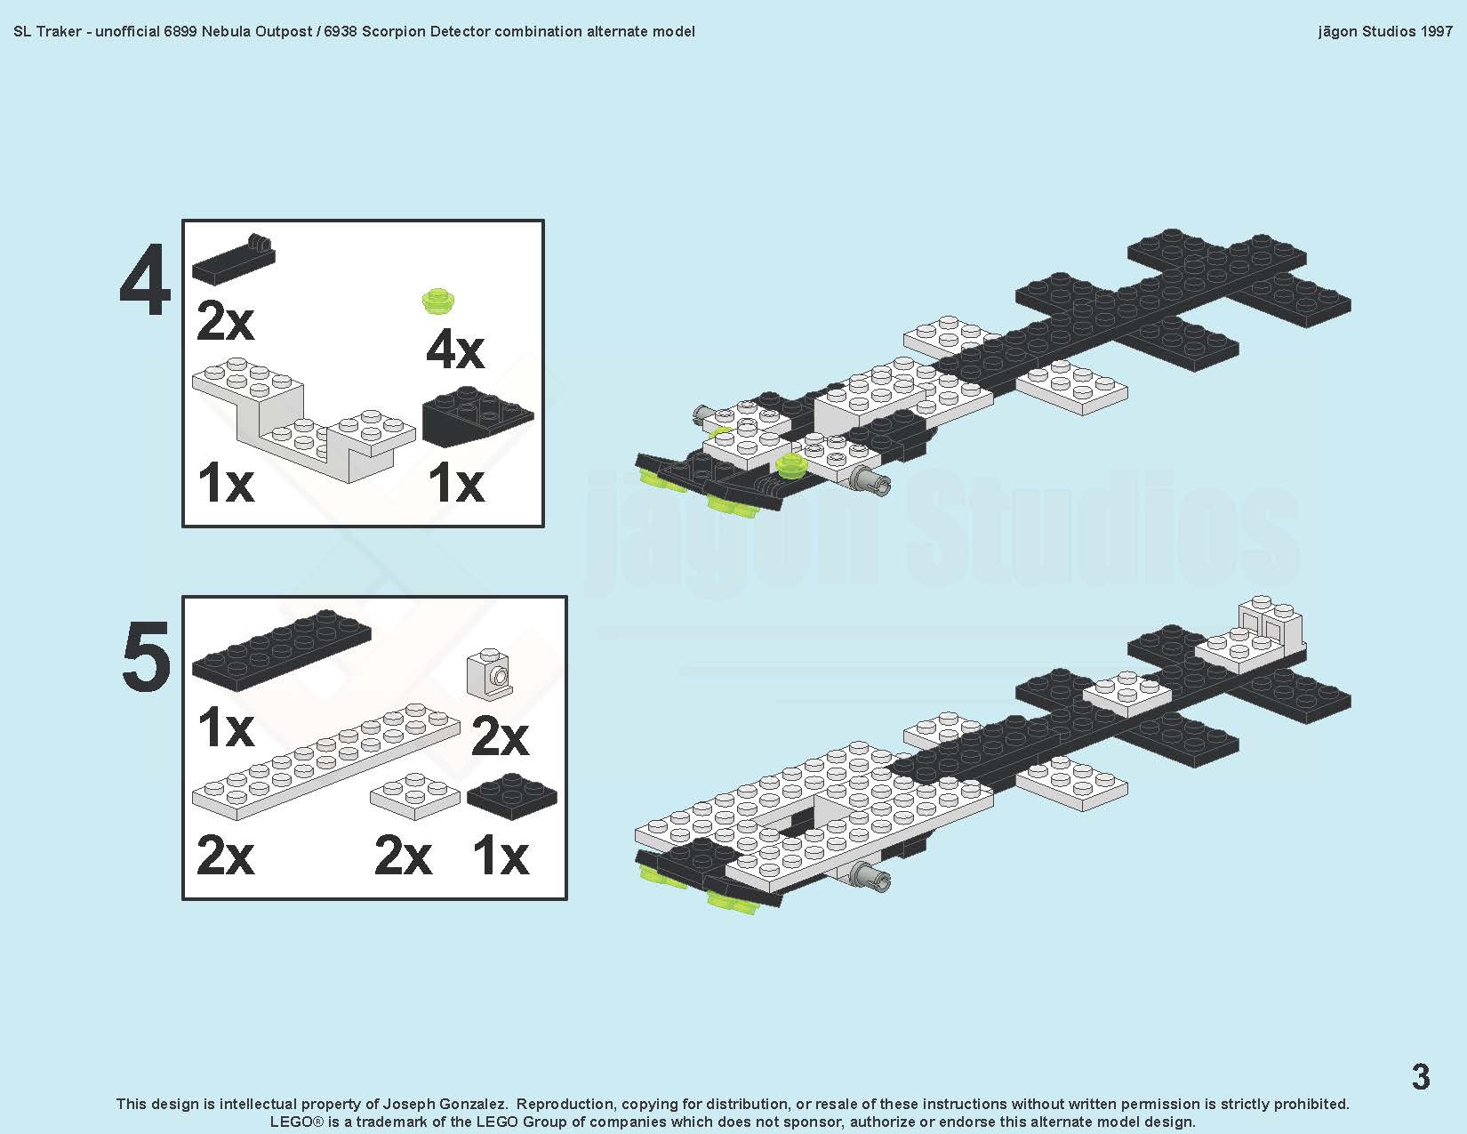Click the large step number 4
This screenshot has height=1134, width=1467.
tap(144, 279)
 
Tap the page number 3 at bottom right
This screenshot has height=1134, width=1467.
tap(1421, 1076)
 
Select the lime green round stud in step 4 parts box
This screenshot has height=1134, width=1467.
tap(438, 301)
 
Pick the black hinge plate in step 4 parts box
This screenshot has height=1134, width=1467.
tap(234, 260)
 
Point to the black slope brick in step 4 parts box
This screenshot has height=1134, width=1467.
tap(477, 416)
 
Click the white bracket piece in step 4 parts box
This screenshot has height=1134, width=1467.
tap(303, 419)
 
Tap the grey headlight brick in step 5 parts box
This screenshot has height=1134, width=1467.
tap(490, 672)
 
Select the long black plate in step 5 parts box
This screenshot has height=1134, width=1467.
tap(282, 650)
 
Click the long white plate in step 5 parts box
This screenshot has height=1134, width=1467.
tap(326, 761)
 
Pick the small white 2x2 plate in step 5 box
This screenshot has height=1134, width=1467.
tap(415, 796)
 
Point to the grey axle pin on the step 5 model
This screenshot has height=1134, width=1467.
tap(871, 877)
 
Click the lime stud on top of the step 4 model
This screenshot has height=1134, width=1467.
tap(790, 465)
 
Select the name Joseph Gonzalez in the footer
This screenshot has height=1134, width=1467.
tap(445, 1104)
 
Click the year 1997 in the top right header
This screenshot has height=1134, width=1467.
tap(1435, 31)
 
